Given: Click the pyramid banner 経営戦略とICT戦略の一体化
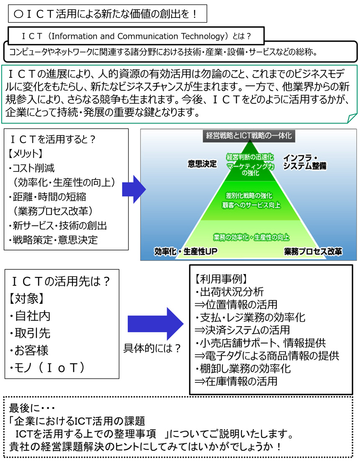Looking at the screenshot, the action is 249,136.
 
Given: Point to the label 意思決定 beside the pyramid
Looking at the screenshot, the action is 202,164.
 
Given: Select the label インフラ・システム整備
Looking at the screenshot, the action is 305,162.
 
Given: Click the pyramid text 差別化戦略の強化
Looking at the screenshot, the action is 249,195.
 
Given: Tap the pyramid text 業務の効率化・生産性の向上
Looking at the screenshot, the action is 251,237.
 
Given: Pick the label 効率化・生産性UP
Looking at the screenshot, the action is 185,252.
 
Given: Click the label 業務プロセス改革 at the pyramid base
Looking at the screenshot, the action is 313,252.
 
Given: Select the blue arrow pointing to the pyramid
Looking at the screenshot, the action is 134,190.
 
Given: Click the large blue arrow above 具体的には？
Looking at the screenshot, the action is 156,324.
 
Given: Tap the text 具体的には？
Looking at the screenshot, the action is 152,348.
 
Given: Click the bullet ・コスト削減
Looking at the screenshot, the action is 31,168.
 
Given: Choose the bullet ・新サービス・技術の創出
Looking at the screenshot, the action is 58,226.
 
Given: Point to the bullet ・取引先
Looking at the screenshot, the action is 30,333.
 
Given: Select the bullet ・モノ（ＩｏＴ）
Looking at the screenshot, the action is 47,368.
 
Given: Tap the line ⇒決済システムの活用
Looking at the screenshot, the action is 242,330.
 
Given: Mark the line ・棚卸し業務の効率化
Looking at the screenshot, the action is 243,369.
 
